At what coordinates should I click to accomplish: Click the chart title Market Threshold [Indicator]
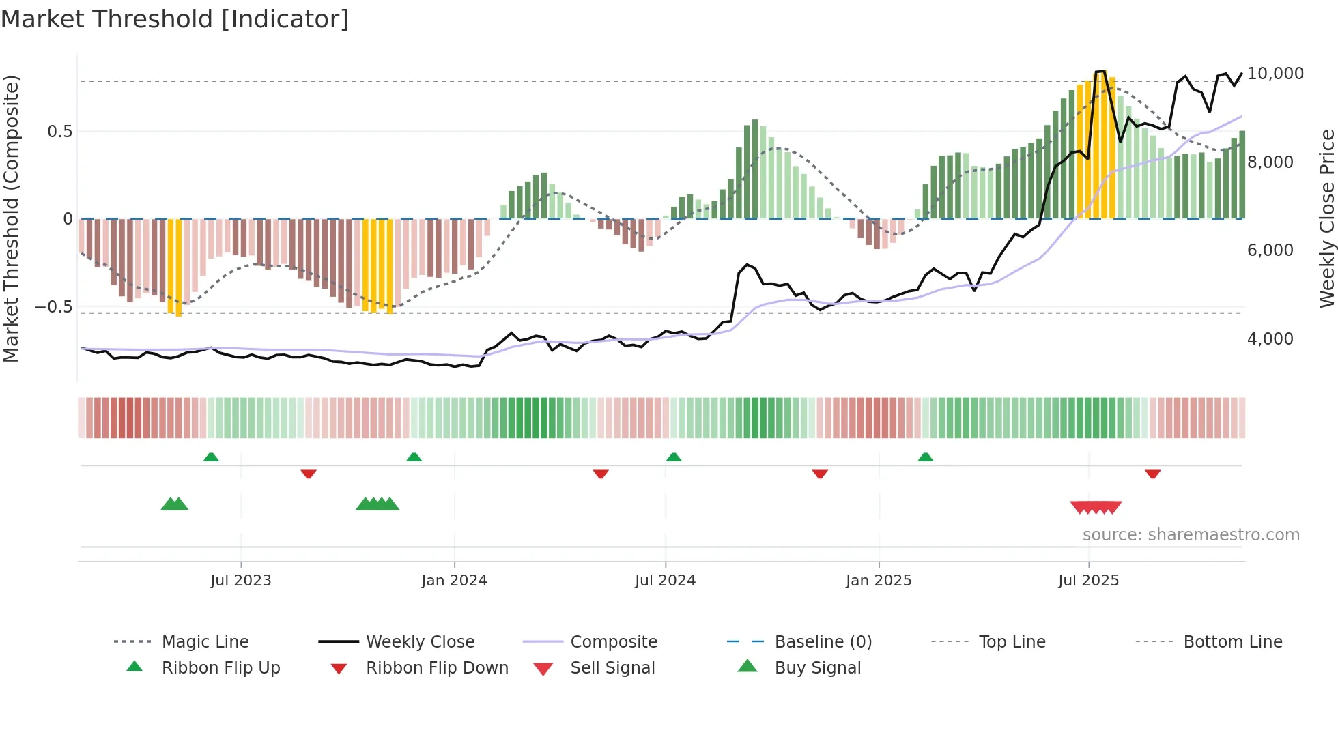(175, 19)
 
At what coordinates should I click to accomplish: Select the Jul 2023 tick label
(240, 581)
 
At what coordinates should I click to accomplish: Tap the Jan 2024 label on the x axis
(454, 581)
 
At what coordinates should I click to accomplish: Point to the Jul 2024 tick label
(665, 581)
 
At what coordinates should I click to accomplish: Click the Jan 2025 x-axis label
(879, 581)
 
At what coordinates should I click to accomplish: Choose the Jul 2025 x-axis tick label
(1088, 581)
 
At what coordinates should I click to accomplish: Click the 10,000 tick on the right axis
(1275, 74)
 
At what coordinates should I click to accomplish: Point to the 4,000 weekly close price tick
(1270, 339)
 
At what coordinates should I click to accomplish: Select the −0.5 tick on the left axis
(54, 307)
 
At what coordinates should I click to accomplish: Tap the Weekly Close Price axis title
(1326, 218)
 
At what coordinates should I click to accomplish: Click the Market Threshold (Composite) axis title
(11, 218)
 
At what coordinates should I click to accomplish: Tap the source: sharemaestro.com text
(1191, 535)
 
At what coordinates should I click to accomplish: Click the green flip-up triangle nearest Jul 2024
(674, 457)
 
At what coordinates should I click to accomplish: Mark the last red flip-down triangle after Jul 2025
(1152, 474)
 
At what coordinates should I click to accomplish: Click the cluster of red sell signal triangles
(1096, 507)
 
